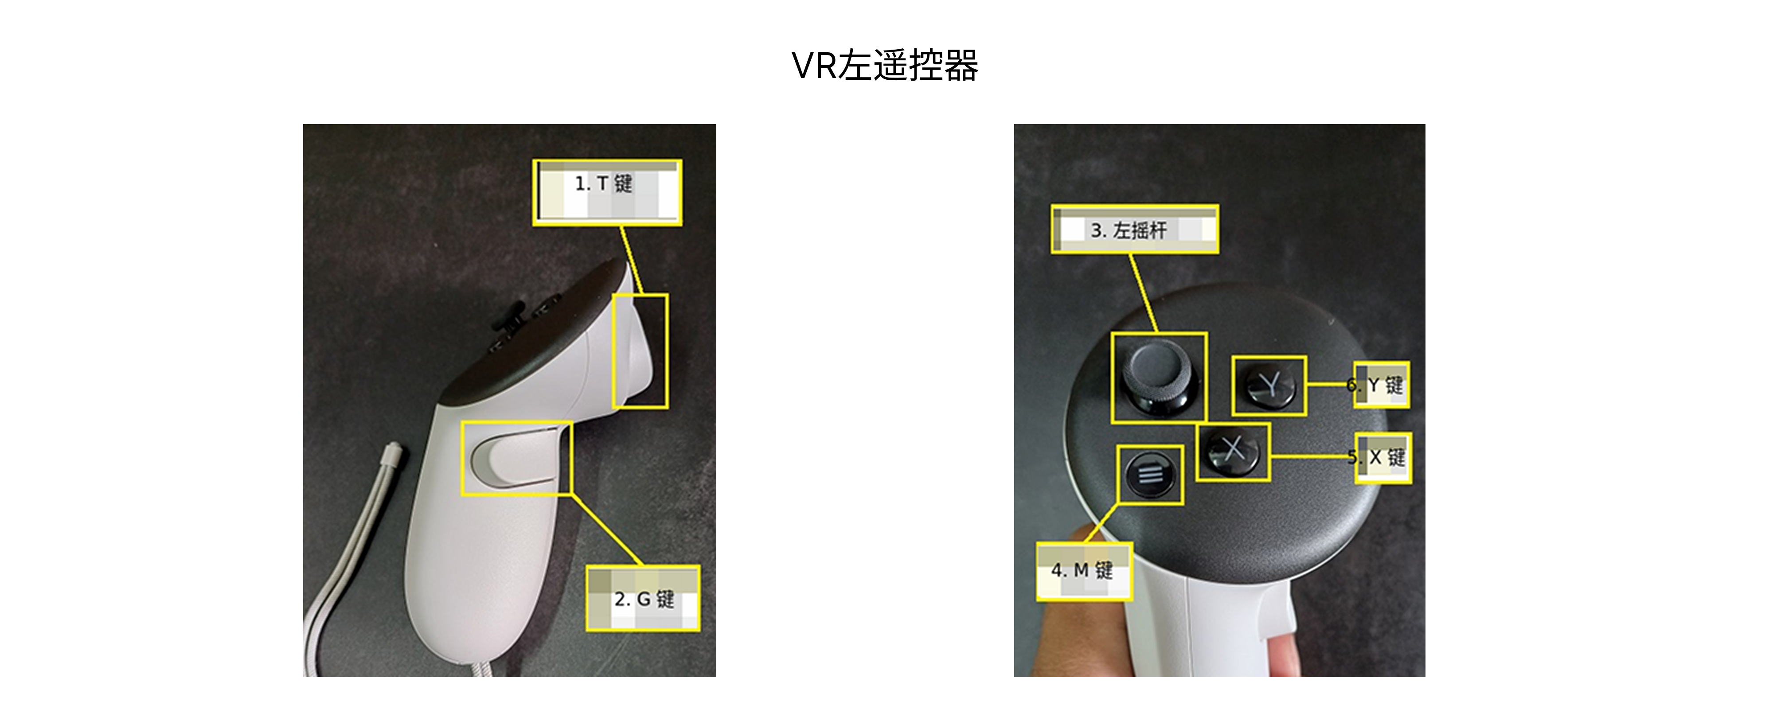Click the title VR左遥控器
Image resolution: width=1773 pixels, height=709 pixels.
[885, 66]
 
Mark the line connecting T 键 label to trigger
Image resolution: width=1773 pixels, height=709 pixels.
[631, 260]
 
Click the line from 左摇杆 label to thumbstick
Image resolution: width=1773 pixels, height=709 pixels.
[1143, 294]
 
